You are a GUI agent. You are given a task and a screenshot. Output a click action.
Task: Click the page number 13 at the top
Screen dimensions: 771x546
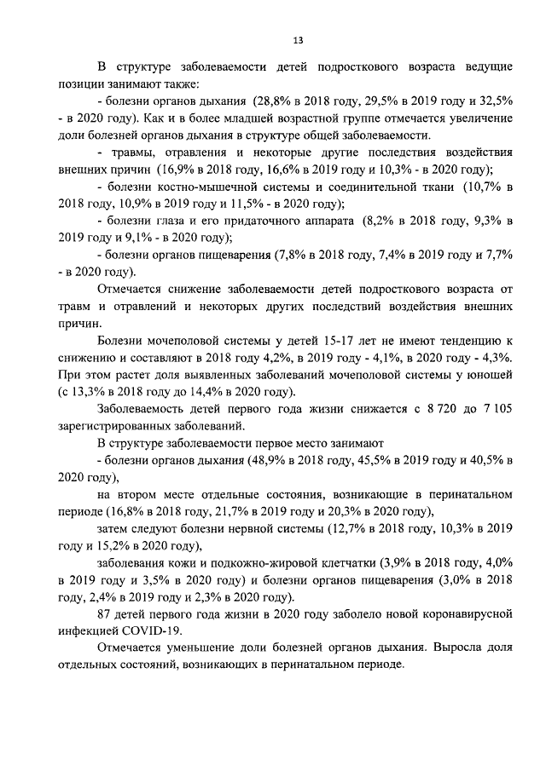[299, 40]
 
